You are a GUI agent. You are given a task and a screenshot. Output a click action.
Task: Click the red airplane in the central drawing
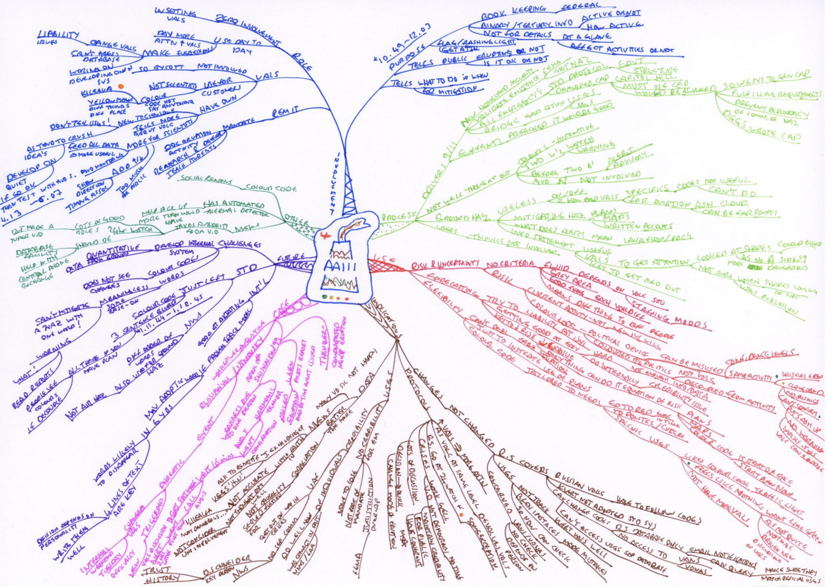[x=325, y=236]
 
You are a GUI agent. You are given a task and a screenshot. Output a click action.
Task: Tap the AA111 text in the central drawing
[x=339, y=266]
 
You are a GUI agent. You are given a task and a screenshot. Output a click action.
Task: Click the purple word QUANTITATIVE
[x=112, y=252]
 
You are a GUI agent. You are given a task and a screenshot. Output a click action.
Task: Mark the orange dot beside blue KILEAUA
[x=121, y=87]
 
